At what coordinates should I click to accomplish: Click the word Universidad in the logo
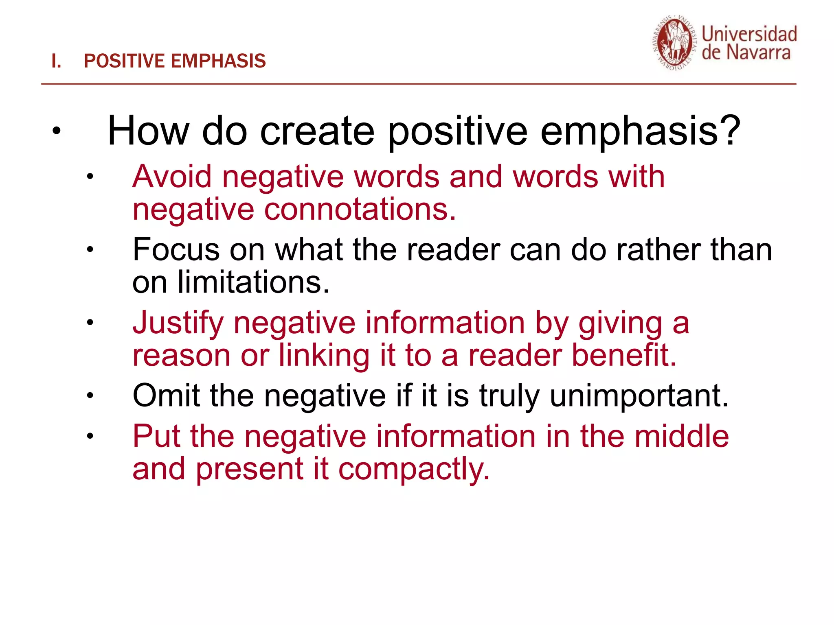coord(749,34)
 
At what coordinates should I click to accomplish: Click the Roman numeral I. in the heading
coord(56,61)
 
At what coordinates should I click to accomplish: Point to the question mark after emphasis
coord(729,130)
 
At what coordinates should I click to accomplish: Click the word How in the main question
coord(148,131)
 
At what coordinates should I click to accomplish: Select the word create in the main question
coord(317,131)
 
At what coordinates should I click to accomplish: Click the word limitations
coord(253,282)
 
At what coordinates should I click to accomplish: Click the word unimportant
coord(639,396)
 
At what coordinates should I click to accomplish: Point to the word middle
coord(682,436)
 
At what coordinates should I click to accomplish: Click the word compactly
coord(414,469)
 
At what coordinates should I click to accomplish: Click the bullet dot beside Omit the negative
coord(90,395)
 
